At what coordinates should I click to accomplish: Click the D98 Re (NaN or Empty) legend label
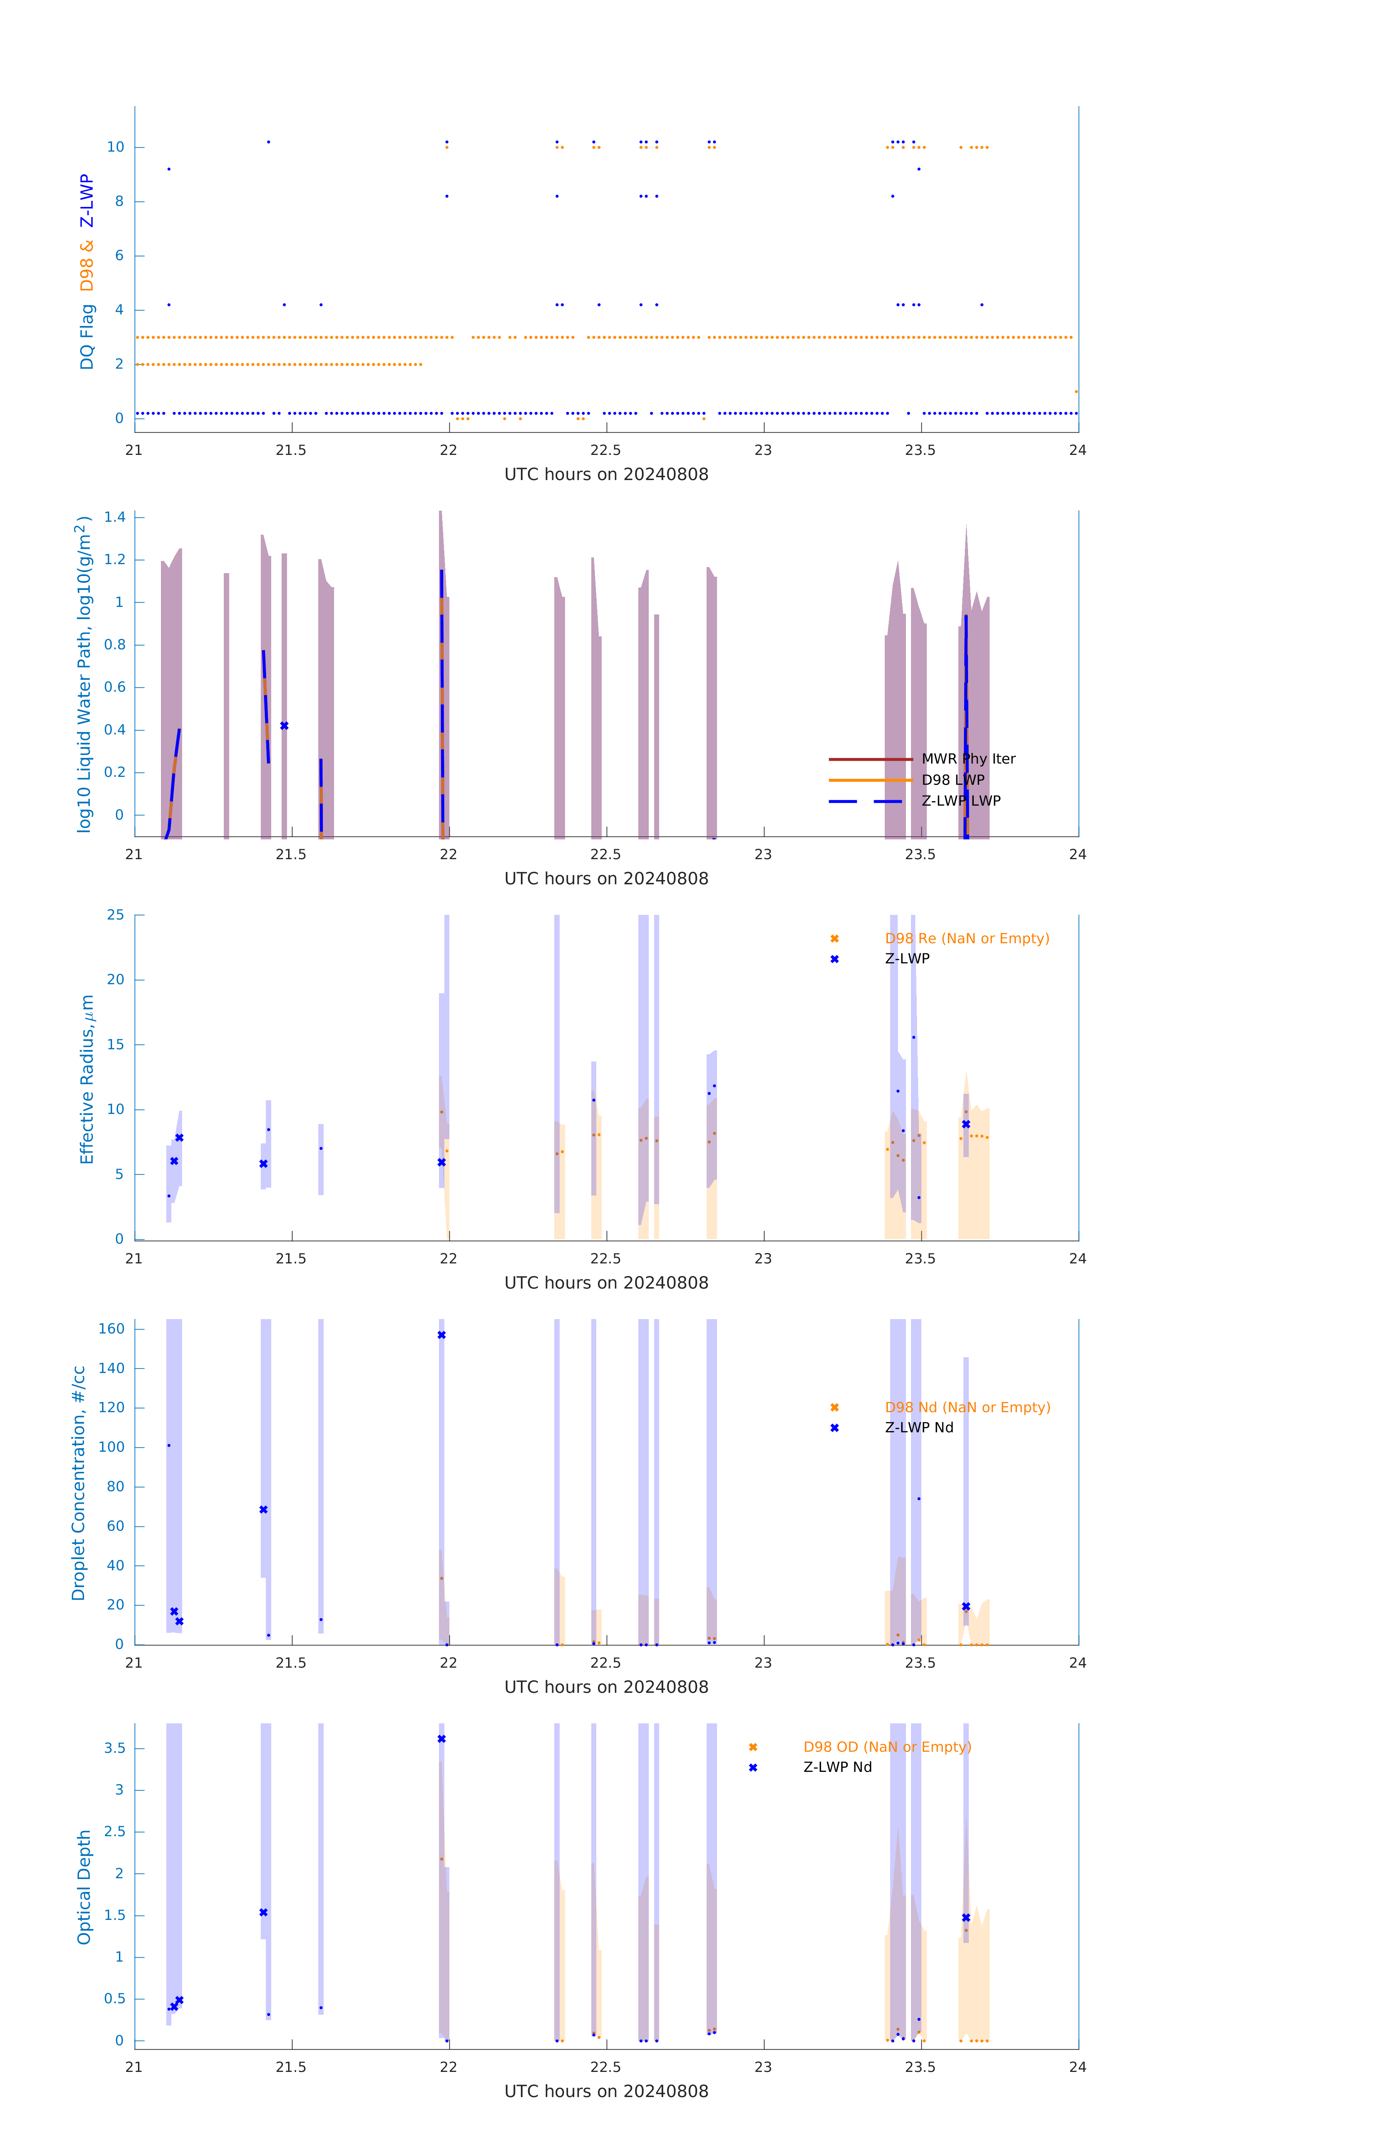pos(967,938)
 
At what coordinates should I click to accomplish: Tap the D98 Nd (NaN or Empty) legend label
pos(967,1408)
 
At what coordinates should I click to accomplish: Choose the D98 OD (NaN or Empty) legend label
pos(886,1747)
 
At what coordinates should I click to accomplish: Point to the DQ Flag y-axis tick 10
pos(115,147)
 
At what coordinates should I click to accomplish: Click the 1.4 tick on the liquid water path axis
pos(115,517)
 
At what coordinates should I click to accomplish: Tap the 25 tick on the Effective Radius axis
pos(115,915)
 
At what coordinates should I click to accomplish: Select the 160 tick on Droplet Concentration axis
pos(112,1329)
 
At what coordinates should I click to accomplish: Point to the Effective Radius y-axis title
pos(87,1079)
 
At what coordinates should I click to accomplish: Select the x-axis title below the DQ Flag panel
pos(606,475)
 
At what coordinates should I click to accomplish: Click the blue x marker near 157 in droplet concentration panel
pos(441,1335)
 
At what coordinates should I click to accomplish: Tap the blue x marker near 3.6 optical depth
pos(441,1739)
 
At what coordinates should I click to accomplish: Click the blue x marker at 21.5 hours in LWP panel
pos(284,725)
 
